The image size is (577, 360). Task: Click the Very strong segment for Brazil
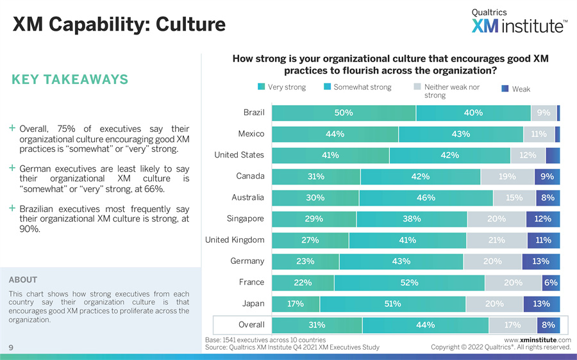coord(344,113)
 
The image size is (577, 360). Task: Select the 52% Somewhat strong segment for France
coord(409,282)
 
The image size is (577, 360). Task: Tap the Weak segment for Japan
coord(541,304)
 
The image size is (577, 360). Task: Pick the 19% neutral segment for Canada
coord(507,177)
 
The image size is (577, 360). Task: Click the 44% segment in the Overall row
coord(425,325)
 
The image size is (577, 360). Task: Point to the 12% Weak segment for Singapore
coord(542,219)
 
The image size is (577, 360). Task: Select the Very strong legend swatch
coord(261,87)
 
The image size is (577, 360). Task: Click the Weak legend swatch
coord(505,89)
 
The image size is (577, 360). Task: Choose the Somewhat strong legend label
coord(362,87)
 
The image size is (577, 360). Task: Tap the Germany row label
coord(247,261)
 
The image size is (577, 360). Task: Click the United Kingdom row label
coord(235,240)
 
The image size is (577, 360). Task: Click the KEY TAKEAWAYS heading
coord(70,80)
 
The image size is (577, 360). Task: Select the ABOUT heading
coord(23,280)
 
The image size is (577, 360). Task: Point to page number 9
coord(12,347)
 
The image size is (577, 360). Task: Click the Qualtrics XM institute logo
coord(519,21)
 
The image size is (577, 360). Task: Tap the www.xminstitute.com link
coord(537,340)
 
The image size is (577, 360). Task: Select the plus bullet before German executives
coord(13,168)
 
